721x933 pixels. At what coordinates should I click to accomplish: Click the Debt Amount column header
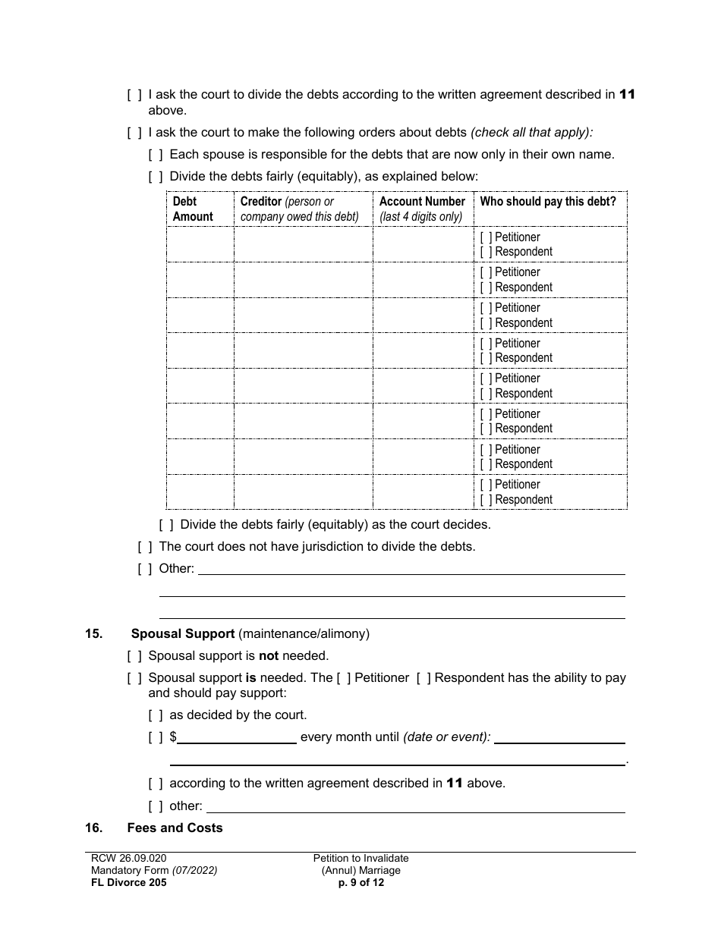pyautogui.click(x=193, y=209)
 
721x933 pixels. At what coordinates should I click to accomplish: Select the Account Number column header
pyautogui.click(x=422, y=209)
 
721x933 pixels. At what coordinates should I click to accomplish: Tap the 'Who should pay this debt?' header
pyautogui.click(x=548, y=202)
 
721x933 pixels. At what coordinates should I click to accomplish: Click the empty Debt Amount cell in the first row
pyautogui.click(x=200, y=244)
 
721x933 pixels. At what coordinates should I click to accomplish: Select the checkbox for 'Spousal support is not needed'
pyautogui.click(x=134, y=656)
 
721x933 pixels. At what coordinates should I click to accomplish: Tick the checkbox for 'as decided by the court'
pyautogui.click(x=156, y=715)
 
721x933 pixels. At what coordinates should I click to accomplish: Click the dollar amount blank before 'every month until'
pyautogui.click(x=237, y=737)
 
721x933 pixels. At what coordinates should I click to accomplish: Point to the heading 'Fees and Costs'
pyautogui.click(x=175, y=828)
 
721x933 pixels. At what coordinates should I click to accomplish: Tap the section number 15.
pyautogui.click(x=93, y=634)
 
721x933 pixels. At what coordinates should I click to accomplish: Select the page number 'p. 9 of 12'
pyautogui.click(x=361, y=882)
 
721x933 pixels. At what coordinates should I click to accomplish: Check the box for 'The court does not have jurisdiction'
pyautogui.click(x=145, y=547)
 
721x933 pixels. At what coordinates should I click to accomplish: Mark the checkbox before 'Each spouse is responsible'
pyautogui.click(x=156, y=155)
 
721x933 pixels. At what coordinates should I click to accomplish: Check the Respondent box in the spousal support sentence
pyautogui.click(x=423, y=678)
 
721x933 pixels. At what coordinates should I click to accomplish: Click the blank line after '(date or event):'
pyautogui.click(x=559, y=737)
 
